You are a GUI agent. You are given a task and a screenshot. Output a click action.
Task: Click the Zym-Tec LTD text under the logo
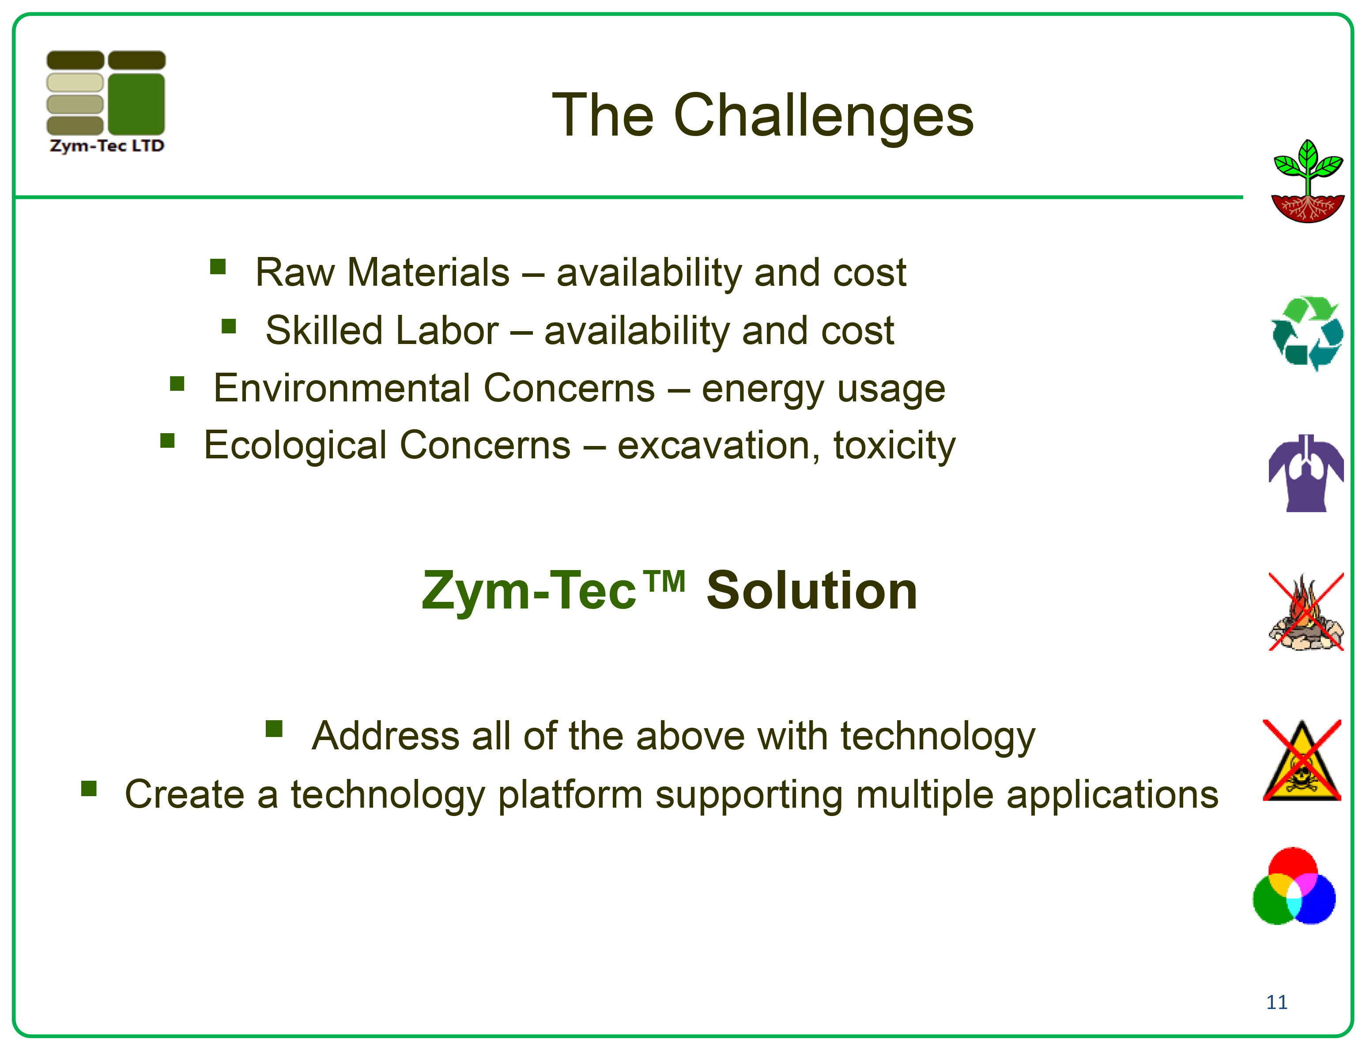[x=107, y=146]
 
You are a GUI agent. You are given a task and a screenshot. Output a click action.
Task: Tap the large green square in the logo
[x=136, y=104]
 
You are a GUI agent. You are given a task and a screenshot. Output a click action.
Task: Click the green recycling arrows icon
[x=1307, y=333]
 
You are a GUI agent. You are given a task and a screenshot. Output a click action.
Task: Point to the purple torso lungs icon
[x=1306, y=473]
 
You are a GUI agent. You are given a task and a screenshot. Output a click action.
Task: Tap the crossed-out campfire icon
[x=1306, y=612]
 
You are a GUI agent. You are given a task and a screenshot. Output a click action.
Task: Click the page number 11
[x=1277, y=1002]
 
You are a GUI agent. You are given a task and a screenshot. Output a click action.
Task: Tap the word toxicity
[x=894, y=446]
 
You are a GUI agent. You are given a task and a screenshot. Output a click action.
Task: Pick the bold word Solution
[x=812, y=590]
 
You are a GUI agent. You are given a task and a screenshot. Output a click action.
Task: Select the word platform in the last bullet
[x=570, y=795]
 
